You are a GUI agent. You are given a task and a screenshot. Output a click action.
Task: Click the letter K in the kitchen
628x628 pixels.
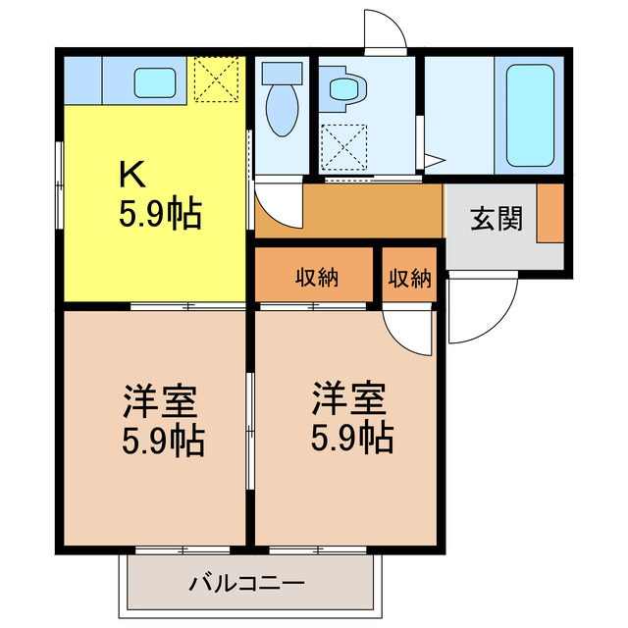(x=132, y=175)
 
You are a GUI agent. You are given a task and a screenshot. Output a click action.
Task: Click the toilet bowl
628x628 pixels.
(x=281, y=108)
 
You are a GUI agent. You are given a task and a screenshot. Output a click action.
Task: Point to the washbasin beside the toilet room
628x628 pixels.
(x=343, y=88)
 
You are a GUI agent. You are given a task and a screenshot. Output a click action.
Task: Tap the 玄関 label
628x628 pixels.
(x=496, y=219)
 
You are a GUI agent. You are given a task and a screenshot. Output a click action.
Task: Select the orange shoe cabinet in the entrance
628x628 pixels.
(x=550, y=213)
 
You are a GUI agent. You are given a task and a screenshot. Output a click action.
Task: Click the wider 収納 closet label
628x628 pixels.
(x=317, y=278)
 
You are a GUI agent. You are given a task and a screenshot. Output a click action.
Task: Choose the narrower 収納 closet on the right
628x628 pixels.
(x=408, y=278)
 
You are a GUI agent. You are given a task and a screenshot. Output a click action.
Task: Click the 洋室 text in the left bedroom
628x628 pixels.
(x=161, y=402)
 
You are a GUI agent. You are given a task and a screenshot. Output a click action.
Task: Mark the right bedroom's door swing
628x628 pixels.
(x=406, y=332)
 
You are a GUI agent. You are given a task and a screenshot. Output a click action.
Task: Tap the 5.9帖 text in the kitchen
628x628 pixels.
(x=160, y=214)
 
